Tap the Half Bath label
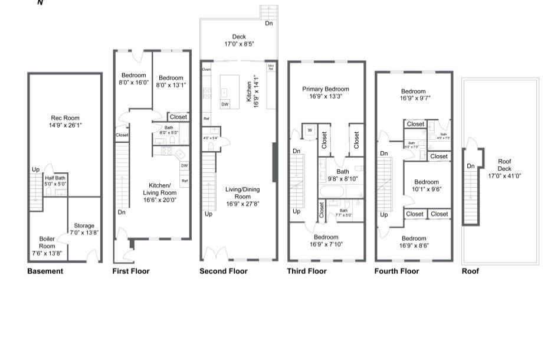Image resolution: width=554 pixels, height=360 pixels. (56, 181)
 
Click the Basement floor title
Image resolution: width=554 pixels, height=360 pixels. (45, 271)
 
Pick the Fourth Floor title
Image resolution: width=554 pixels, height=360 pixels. (396, 271)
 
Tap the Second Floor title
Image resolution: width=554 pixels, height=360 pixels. (223, 271)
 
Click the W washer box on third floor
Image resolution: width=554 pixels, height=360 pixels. (309, 130)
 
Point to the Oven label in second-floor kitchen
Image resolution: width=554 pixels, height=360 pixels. (206, 70)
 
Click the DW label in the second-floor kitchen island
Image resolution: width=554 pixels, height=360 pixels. (225, 104)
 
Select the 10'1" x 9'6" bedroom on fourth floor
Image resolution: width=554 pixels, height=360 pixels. (426, 185)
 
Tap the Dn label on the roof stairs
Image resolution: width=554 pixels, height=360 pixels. (471, 166)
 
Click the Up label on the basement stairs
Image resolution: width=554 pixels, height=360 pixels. (35, 170)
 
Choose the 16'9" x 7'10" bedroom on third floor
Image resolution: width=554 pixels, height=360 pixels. (326, 241)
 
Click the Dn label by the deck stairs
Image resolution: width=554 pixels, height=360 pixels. (268, 24)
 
